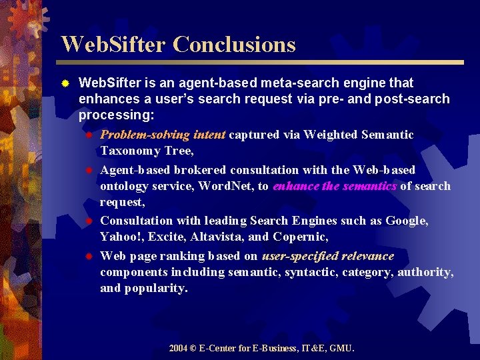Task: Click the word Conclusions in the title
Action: pos(234,45)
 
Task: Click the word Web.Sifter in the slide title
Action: pos(113,45)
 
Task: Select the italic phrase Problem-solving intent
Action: pos(163,135)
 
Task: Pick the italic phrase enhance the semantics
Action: pos(335,186)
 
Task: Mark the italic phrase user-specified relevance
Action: pos(328,256)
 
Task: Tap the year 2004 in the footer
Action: pos(178,348)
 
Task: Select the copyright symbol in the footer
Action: pos(194,348)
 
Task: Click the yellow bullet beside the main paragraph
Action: pos(65,84)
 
